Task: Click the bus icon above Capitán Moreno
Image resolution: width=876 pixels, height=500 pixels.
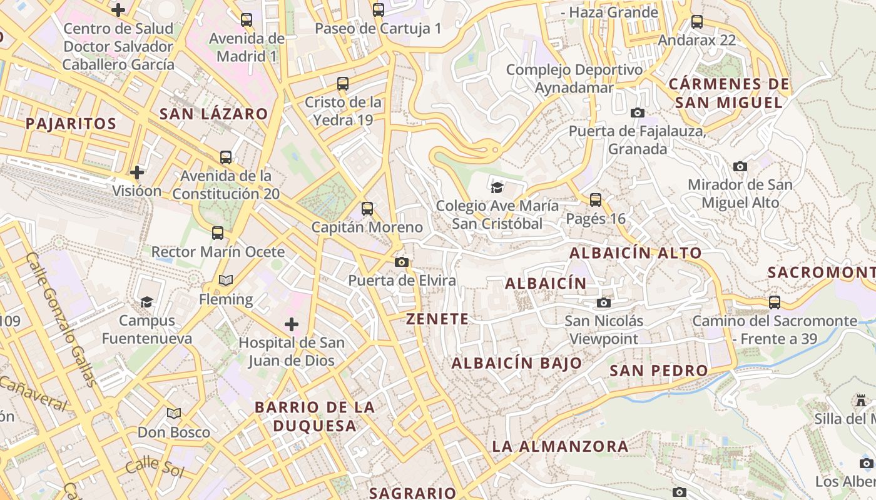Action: tap(367, 209)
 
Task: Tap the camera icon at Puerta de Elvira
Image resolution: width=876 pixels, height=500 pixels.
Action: tap(402, 262)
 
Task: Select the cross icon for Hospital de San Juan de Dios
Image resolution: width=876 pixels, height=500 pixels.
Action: tap(291, 324)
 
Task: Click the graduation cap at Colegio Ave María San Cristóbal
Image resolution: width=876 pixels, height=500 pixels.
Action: tap(497, 187)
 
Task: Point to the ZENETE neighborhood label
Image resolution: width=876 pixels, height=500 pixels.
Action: tap(437, 319)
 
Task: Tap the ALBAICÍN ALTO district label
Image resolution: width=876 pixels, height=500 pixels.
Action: tap(635, 253)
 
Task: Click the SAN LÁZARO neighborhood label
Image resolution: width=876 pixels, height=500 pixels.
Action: tap(213, 114)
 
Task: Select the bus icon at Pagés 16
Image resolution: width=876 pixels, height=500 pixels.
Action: tap(596, 200)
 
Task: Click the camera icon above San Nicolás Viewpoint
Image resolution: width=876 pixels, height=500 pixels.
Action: tap(603, 303)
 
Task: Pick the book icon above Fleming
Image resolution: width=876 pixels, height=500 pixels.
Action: tap(226, 280)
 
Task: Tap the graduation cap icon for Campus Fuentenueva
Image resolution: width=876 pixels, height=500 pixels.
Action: tap(146, 302)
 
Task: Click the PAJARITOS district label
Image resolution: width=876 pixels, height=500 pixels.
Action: tap(71, 123)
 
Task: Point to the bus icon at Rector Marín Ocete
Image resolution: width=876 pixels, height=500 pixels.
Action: tap(218, 233)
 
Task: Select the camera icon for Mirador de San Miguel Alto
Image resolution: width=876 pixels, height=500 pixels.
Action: tap(740, 166)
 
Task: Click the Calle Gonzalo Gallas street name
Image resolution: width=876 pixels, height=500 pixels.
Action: tap(61, 319)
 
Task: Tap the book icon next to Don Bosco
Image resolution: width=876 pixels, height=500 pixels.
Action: tap(174, 413)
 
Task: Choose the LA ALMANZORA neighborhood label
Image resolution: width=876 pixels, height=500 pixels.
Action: tap(560, 446)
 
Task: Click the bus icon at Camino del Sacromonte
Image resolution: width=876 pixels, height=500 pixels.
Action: tap(775, 302)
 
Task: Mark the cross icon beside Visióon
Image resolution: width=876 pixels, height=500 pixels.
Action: tap(137, 172)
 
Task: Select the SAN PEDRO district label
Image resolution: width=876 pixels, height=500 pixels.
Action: tap(658, 370)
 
